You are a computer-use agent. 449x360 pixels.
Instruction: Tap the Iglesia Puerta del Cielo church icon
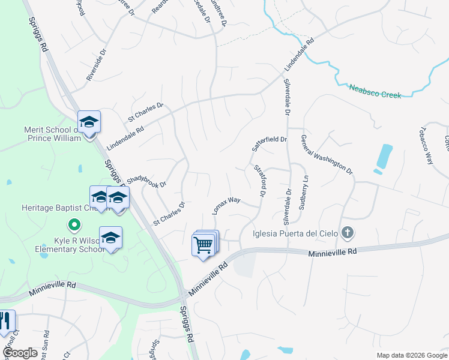pos(347,233)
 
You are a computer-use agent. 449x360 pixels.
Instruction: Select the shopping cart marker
pos(203,245)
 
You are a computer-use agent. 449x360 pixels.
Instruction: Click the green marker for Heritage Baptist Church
pos(74,226)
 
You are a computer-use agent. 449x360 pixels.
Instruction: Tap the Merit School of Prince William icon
pos(89,123)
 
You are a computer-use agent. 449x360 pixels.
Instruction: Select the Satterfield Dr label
pos(270,143)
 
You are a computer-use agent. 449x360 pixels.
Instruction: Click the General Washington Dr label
pos(327,154)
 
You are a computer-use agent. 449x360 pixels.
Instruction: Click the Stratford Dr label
pos(259,181)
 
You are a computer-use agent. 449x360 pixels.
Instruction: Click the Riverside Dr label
pos(96,65)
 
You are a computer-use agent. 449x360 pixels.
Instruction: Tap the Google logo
pos(20,353)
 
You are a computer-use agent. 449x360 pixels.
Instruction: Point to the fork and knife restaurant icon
pos(6,322)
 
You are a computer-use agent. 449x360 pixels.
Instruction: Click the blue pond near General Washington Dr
pos(383,157)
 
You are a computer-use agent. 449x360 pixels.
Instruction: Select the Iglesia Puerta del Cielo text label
pos(297,233)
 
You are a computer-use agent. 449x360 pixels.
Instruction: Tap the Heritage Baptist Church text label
pos(50,208)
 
